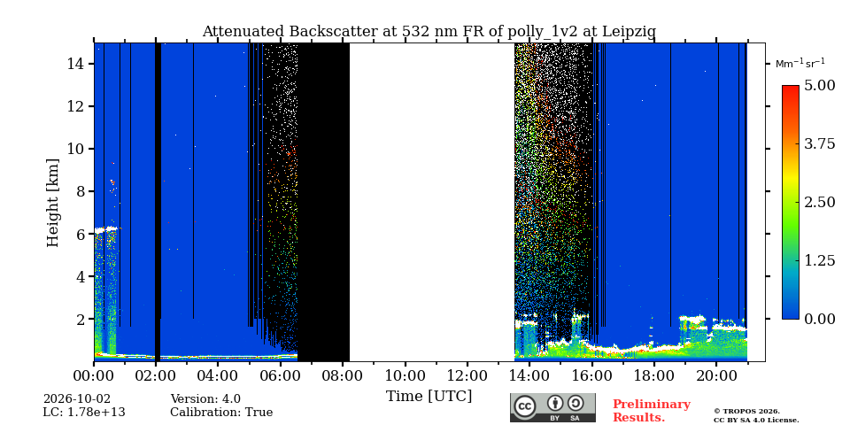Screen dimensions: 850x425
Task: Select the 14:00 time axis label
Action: [529, 375]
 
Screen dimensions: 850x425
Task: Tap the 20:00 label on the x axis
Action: [715, 375]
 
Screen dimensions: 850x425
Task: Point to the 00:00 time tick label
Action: [94, 375]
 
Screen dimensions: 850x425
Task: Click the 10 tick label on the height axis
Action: [78, 149]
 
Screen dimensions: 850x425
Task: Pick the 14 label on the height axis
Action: [78, 64]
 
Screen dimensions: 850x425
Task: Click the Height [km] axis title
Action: [52, 203]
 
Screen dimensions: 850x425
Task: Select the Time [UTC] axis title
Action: [429, 397]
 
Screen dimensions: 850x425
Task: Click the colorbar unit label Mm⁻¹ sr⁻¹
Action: [800, 64]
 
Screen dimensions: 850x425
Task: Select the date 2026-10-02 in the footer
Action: [77, 399]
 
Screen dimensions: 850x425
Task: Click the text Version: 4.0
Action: [205, 399]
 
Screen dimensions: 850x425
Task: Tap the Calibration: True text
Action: [221, 413]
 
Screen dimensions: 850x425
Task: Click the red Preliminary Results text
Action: [652, 411]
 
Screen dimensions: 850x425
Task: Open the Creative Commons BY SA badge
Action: [552, 407]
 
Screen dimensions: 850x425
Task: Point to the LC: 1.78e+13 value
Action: [84, 413]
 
